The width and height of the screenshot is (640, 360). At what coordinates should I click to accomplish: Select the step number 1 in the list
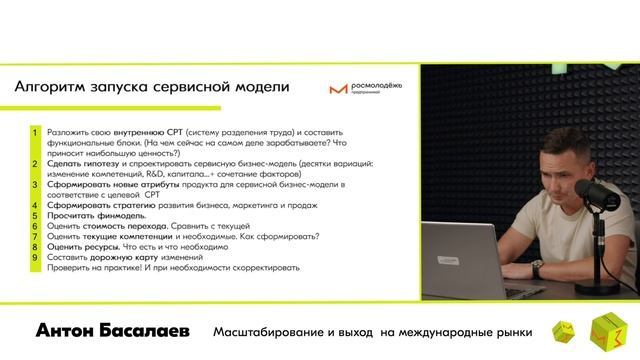point(35,131)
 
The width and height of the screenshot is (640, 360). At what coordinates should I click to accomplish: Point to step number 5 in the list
point(35,215)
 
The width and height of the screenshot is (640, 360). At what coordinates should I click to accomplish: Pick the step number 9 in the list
point(35,257)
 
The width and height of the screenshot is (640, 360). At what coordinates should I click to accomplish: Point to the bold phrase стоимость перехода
point(124,226)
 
